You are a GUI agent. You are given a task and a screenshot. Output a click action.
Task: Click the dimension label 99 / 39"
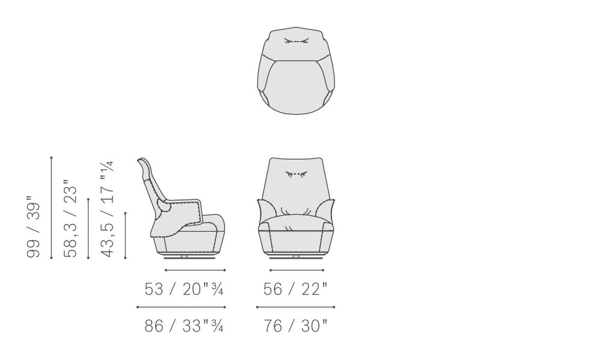(x=34, y=227)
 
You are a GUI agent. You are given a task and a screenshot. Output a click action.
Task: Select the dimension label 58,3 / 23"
(x=71, y=219)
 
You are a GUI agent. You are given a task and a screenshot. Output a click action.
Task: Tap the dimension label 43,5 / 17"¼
(x=108, y=209)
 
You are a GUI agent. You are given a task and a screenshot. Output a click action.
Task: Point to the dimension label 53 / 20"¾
(x=184, y=289)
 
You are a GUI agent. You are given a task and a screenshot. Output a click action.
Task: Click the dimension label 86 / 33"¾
(x=184, y=326)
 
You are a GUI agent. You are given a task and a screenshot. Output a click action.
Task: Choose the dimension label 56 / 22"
(x=295, y=289)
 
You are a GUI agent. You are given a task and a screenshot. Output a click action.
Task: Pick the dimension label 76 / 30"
(x=295, y=326)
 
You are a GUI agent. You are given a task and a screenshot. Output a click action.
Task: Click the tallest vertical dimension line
(x=52, y=208)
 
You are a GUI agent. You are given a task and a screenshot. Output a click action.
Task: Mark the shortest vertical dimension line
(x=125, y=235)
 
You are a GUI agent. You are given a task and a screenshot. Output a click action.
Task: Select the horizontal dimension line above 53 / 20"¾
(x=195, y=270)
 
